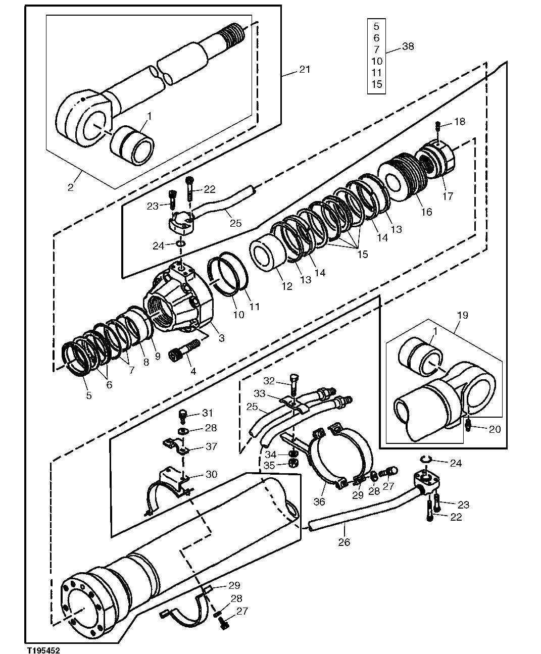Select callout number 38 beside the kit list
pos(408,46)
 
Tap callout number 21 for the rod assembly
pos(305,69)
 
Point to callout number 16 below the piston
pos(426,212)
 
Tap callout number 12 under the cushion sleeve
pos(286,286)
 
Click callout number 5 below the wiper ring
pos(89,395)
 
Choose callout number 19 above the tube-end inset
pos(462,315)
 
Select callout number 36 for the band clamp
pos(319,502)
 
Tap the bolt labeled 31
pos(183,415)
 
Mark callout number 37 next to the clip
pos(211,446)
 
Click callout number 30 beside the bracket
pos(211,474)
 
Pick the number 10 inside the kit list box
pos(377,61)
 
